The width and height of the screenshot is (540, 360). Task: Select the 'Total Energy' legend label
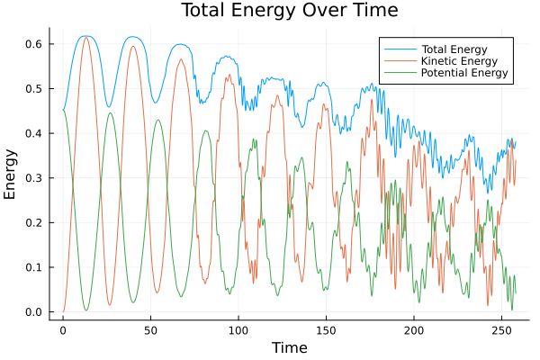pyautogui.click(x=454, y=48)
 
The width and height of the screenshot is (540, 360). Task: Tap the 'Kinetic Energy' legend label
pyautogui.click(x=458, y=60)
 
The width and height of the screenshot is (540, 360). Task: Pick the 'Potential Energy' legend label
pyautogui.click(x=463, y=73)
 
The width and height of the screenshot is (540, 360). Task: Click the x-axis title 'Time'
pyautogui.click(x=289, y=347)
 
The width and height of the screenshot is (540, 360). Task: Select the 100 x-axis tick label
pyautogui.click(x=238, y=330)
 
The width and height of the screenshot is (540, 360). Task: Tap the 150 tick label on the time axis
pyautogui.click(x=326, y=330)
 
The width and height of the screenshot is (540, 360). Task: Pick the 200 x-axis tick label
pyautogui.click(x=414, y=330)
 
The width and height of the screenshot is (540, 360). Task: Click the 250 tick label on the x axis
pyautogui.click(x=501, y=330)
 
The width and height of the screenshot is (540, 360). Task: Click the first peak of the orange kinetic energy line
pyautogui.click(x=86, y=37)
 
